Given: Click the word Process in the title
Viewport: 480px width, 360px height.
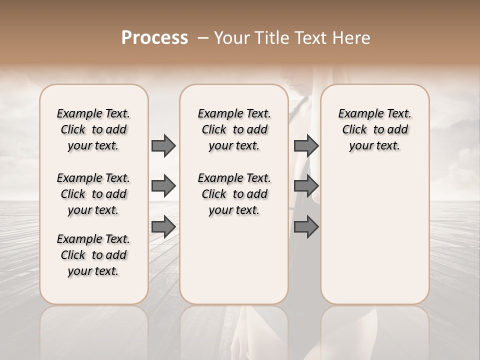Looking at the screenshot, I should (x=154, y=38).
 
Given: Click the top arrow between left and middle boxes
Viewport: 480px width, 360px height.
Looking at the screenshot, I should (x=163, y=145).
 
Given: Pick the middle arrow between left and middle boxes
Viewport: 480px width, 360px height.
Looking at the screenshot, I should (x=163, y=186).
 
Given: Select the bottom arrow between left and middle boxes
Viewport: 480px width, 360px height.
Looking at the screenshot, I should (x=163, y=227).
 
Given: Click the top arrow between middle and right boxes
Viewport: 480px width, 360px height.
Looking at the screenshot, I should (x=306, y=145).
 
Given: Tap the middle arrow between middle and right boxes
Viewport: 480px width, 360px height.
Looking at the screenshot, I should (x=306, y=186).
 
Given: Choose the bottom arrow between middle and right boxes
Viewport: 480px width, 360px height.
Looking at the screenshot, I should (x=306, y=227).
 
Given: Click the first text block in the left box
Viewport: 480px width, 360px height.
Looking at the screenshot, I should (x=93, y=129).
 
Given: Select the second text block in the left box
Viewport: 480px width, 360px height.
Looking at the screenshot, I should (x=93, y=194).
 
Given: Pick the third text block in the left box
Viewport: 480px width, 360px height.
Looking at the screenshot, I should (x=93, y=255).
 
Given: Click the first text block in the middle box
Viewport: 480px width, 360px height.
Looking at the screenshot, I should (x=234, y=129).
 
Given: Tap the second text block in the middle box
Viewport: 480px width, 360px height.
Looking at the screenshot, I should (x=234, y=194).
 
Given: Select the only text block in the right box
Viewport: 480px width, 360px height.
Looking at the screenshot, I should (x=374, y=129).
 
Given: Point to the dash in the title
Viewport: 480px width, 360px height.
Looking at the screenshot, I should (x=202, y=38).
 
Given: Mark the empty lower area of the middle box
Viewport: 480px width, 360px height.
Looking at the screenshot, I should (x=234, y=260).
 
